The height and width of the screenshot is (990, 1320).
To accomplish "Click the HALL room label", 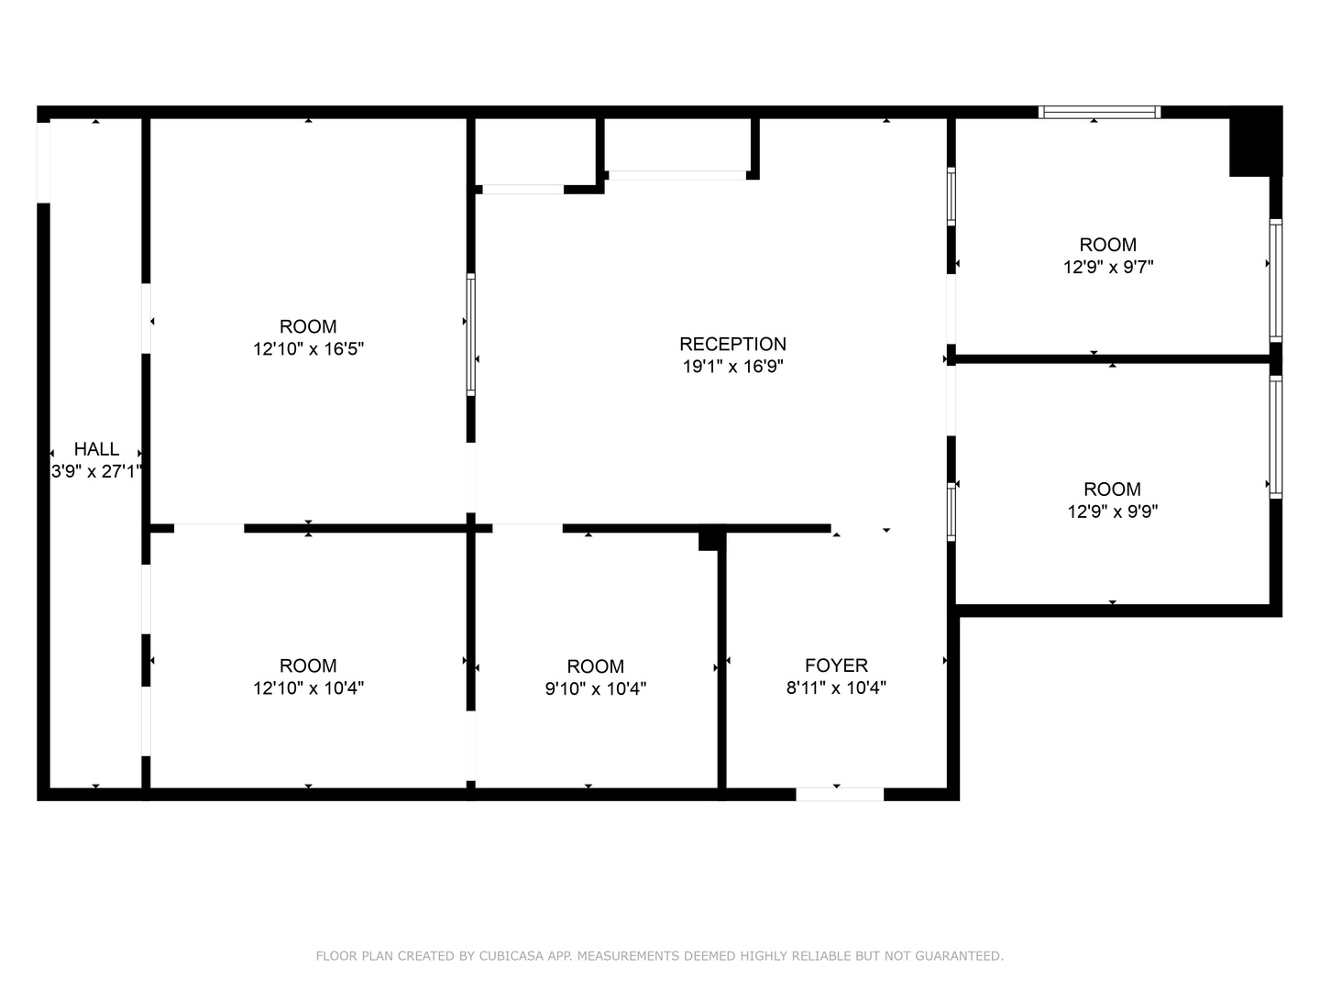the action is tap(96, 449).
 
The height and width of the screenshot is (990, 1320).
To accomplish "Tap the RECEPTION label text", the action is tap(732, 344).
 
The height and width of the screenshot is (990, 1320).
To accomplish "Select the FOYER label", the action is tap(836, 665).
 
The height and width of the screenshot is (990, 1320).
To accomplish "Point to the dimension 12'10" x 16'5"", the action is tap(308, 348).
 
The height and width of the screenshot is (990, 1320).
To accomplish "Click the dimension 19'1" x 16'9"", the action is tap(732, 366).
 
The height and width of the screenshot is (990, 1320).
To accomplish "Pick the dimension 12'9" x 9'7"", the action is tap(1107, 267).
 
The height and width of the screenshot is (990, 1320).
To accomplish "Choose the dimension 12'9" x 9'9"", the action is tap(1112, 511).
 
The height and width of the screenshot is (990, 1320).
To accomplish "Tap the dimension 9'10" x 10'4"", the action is tap(595, 688).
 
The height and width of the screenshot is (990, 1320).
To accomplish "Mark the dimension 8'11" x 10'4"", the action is tap(836, 687).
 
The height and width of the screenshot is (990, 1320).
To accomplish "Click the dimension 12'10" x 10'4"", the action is tap(308, 687).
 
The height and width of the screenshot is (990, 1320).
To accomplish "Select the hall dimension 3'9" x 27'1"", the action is tap(96, 471).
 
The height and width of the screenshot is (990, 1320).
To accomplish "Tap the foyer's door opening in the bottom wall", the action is tap(840, 794).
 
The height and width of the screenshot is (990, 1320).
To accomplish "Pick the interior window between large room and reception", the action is tap(471, 335).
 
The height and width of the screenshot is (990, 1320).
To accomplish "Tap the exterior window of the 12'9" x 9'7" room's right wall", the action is tap(1275, 280).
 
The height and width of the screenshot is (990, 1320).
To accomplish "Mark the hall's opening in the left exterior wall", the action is tap(43, 163).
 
